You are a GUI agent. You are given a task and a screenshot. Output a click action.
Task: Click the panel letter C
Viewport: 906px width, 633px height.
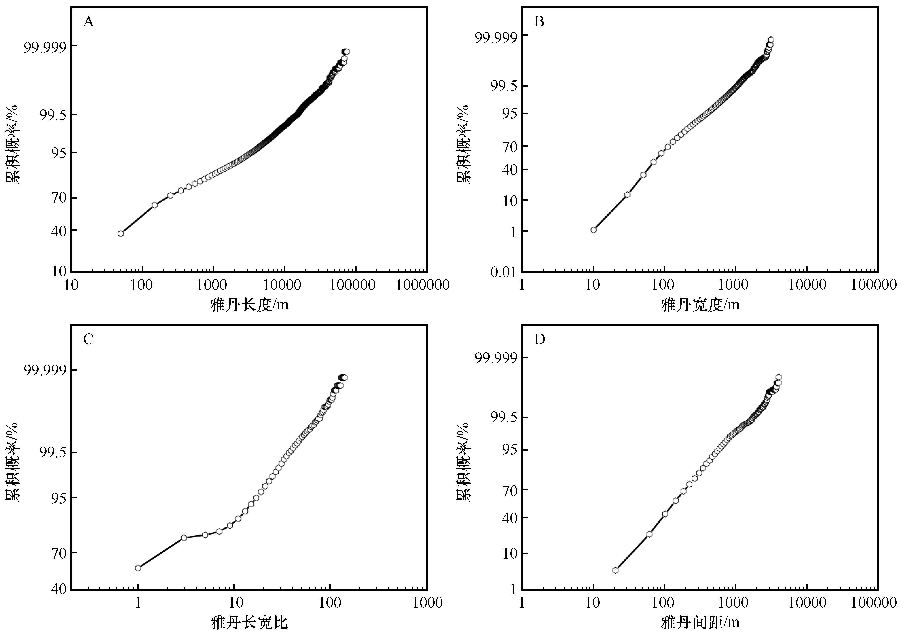[x=88, y=339]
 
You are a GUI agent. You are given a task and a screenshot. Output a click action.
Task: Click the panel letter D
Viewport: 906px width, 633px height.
[x=539, y=339]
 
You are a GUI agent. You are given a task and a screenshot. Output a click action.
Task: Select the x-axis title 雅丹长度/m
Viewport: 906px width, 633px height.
[x=249, y=305]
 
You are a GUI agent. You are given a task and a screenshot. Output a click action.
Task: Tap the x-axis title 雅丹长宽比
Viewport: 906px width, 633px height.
[x=249, y=622]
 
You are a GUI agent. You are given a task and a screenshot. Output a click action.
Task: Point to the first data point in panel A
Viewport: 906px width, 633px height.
[x=120, y=234]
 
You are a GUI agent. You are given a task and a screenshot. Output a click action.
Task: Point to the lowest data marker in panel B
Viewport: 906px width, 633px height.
[x=594, y=230]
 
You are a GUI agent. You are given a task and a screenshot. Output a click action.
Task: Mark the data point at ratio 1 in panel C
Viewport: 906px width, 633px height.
[x=138, y=568]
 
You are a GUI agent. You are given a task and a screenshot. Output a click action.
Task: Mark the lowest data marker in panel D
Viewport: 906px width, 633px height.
[x=615, y=570]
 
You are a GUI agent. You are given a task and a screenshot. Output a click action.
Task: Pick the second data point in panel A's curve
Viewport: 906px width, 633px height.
[x=155, y=205]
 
